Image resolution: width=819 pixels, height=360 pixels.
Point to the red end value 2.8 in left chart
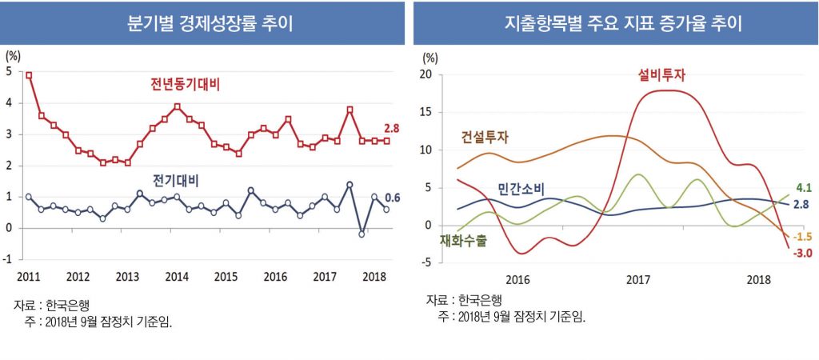pos(392,129)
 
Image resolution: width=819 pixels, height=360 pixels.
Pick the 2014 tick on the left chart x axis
pos(177,276)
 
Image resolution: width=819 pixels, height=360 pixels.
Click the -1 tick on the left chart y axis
pos(9,259)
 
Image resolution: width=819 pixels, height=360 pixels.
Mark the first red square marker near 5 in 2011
pos(29,75)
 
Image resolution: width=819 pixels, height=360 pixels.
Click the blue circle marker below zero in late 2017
pos(362,234)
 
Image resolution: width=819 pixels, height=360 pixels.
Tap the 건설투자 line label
pos(485,137)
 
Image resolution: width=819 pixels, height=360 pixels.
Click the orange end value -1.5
pos(801,238)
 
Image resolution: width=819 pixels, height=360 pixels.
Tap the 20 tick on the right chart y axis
pos(426,75)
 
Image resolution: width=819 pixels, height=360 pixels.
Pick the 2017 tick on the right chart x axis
pos(637,281)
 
